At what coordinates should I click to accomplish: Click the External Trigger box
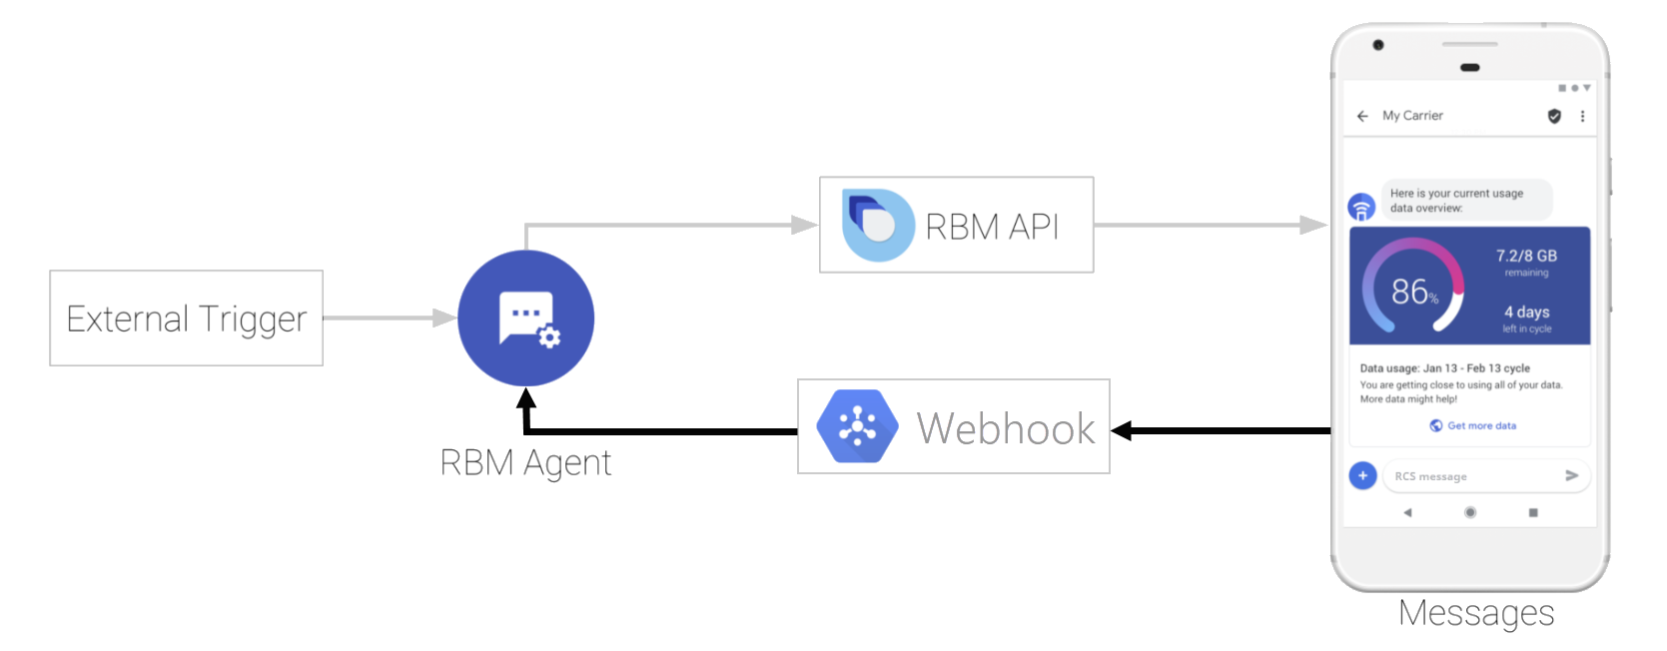tap(186, 319)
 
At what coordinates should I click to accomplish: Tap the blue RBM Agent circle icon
tap(525, 319)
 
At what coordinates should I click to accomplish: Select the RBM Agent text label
tap(525, 463)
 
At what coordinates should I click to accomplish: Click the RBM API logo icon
tap(877, 225)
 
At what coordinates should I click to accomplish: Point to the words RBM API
tap(992, 227)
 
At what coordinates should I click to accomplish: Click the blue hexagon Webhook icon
tap(857, 426)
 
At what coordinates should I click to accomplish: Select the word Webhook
tap(1006, 429)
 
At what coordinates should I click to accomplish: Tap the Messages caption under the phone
tap(1476, 613)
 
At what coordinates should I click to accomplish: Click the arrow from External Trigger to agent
tap(390, 319)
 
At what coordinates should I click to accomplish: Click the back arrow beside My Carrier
tap(1362, 116)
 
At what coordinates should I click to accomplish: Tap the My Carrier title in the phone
tap(1412, 116)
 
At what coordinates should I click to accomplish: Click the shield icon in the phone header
tap(1554, 116)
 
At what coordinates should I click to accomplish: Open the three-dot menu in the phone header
tap(1582, 116)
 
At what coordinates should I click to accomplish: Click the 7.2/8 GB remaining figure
tap(1526, 257)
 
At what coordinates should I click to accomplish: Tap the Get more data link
tap(1480, 425)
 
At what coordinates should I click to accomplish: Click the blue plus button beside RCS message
tap(1362, 475)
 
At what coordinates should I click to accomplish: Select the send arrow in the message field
tap(1571, 475)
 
